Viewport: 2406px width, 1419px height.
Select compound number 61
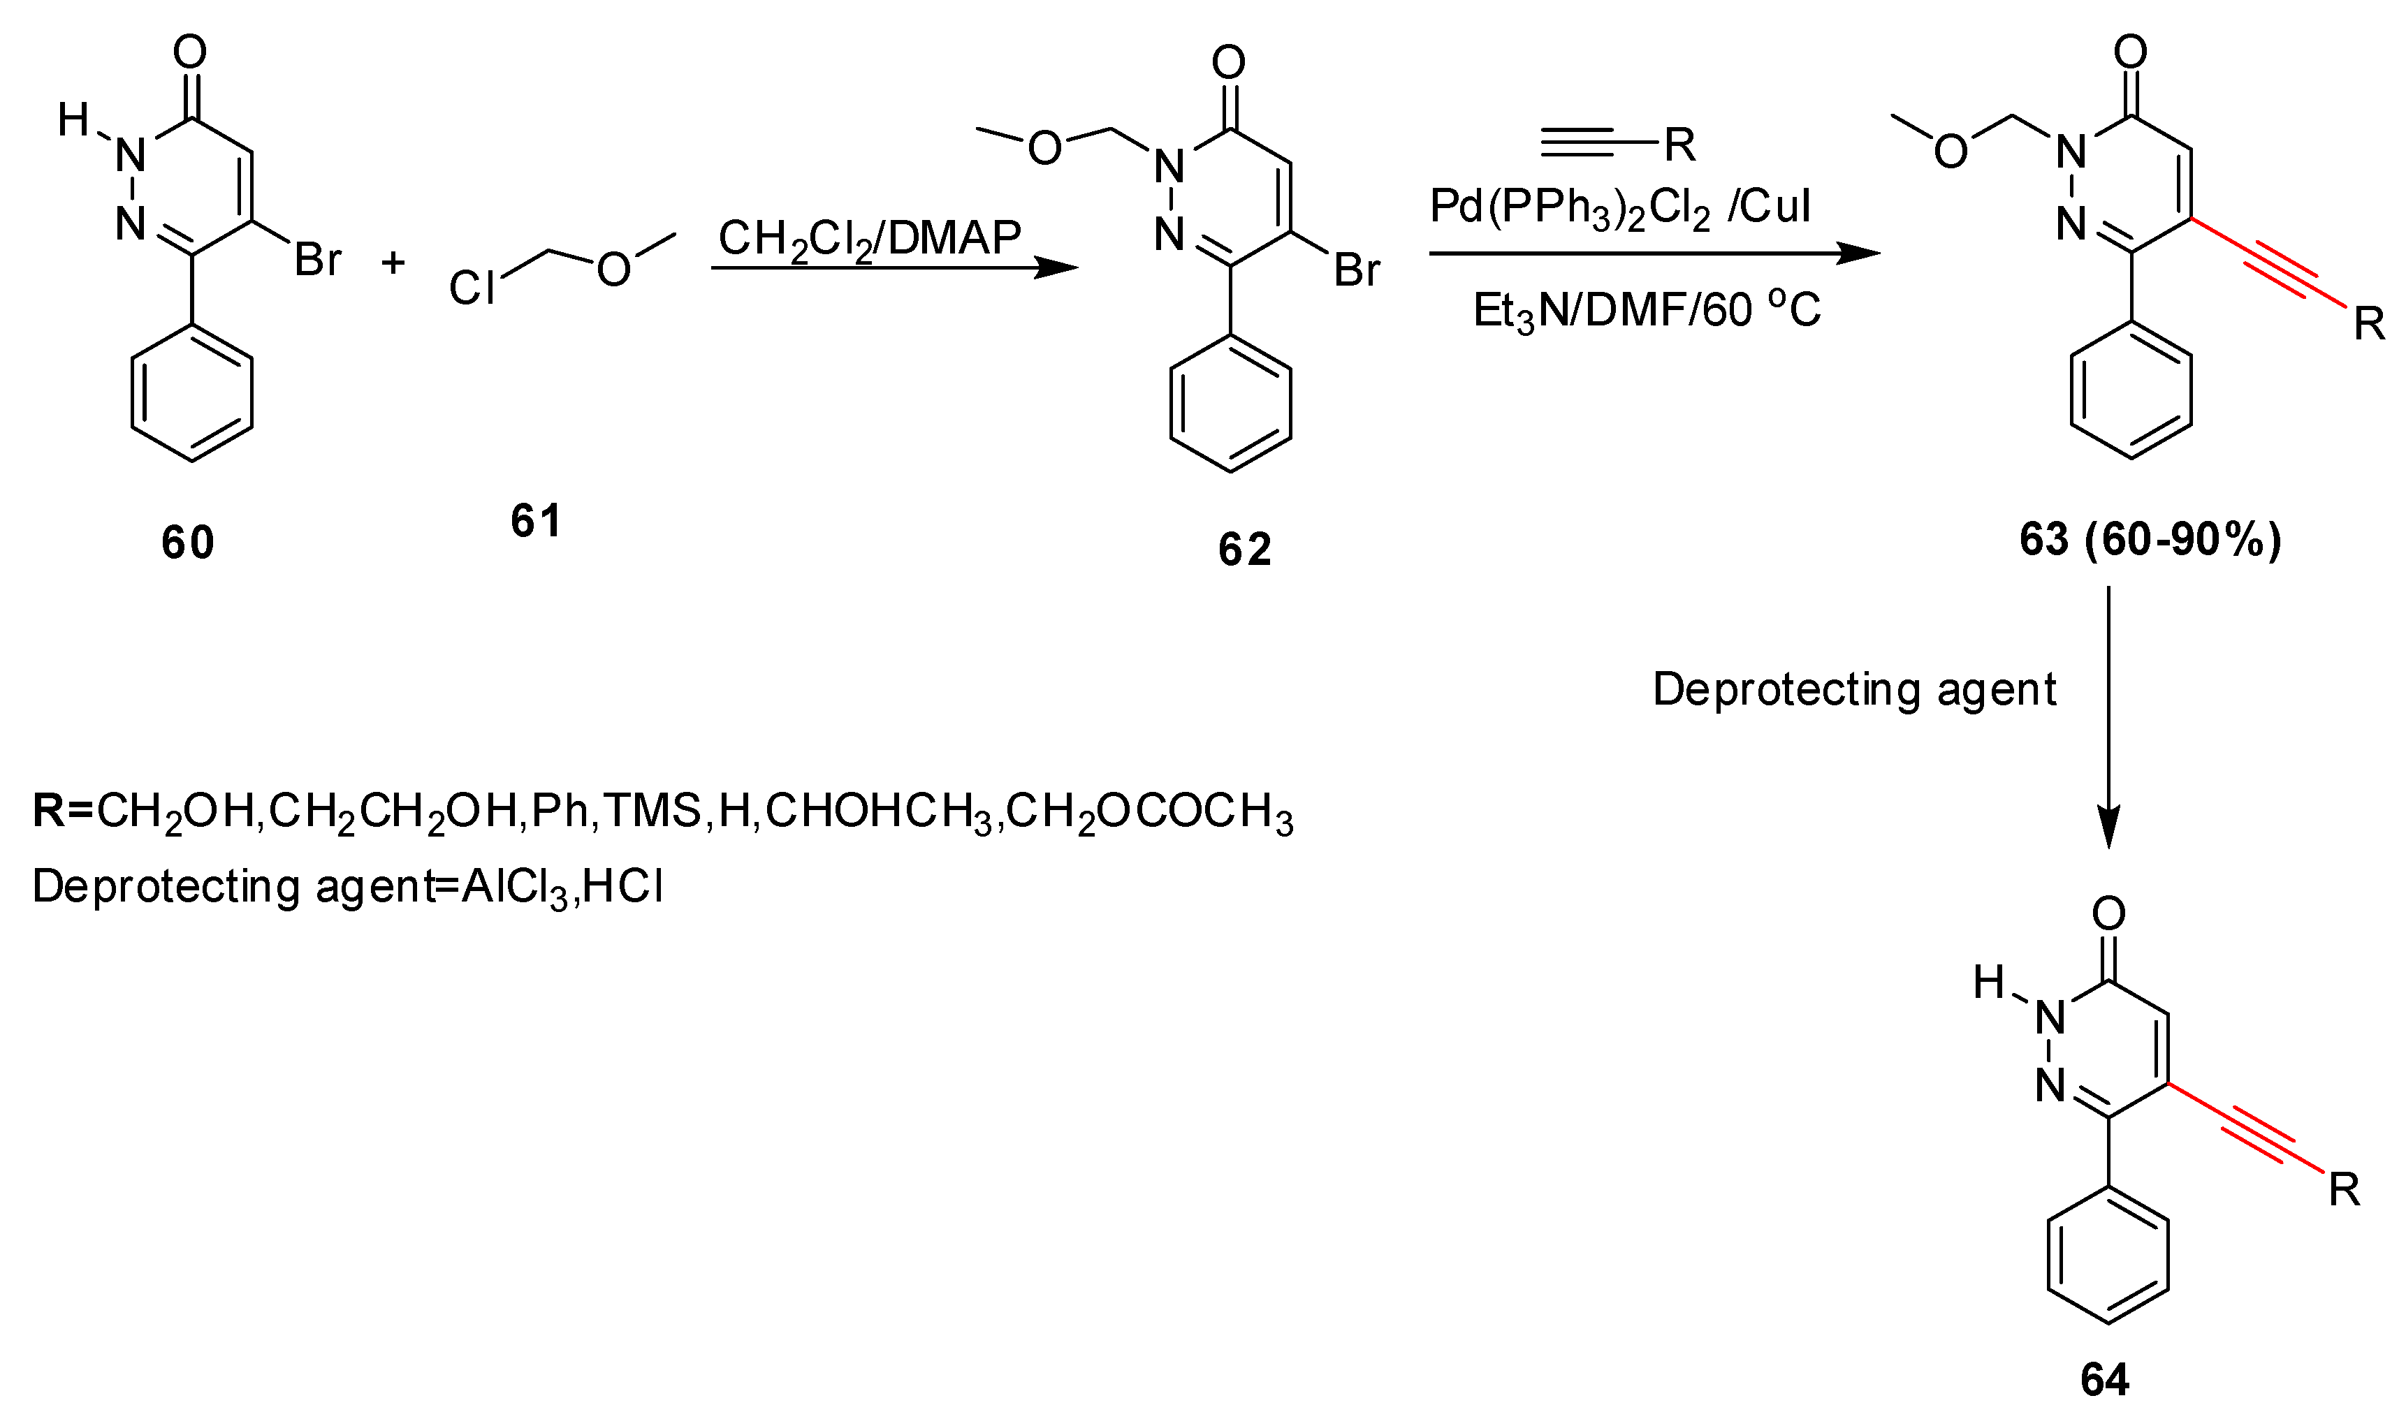click(536, 521)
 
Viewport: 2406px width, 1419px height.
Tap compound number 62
click(1244, 550)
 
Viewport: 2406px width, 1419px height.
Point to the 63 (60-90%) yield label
click(2150, 541)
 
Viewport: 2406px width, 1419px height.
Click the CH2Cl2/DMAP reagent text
click(869, 239)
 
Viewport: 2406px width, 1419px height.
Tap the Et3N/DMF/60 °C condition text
click(1647, 311)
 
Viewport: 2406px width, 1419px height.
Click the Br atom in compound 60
click(317, 260)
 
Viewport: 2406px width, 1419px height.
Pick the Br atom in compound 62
click(1357, 272)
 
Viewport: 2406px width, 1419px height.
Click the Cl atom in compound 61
click(472, 288)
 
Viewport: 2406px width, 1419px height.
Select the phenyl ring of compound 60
click(192, 394)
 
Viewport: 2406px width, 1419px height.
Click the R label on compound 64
click(2344, 1191)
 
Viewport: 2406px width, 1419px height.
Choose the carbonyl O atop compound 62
click(1229, 63)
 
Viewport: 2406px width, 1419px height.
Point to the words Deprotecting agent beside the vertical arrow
click(1854, 689)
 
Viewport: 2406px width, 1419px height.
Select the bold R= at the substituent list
click(61, 811)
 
